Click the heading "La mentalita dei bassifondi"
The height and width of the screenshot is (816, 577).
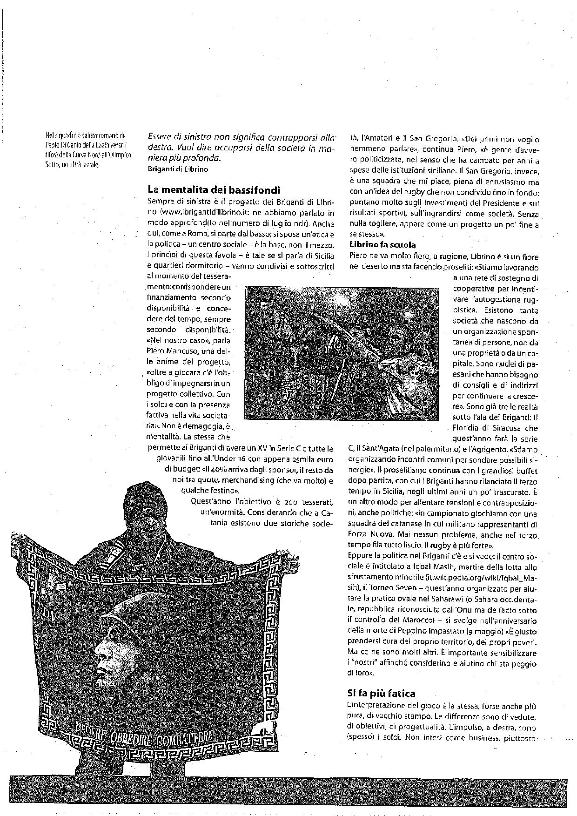[214, 189]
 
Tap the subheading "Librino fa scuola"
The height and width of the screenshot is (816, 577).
[382, 244]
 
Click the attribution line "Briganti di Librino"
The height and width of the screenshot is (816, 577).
[177, 169]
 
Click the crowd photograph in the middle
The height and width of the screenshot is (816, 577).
[342, 353]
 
